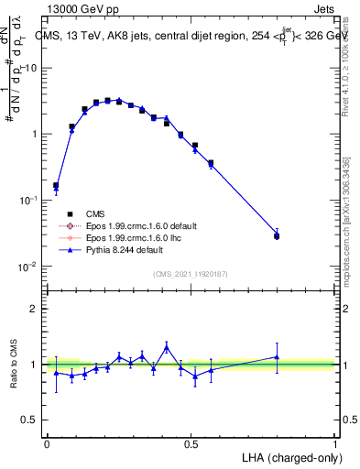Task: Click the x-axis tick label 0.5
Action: coord(191,442)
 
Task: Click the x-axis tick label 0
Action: coord(47,442)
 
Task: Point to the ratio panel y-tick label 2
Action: coord(34,309)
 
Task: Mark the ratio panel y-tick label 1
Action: coord(34,365)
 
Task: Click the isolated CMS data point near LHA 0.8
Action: coord(277,235)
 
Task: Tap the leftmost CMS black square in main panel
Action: coord(56,185)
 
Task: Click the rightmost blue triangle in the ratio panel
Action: coord(277,357)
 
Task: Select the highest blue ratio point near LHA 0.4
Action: coord(166,347)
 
